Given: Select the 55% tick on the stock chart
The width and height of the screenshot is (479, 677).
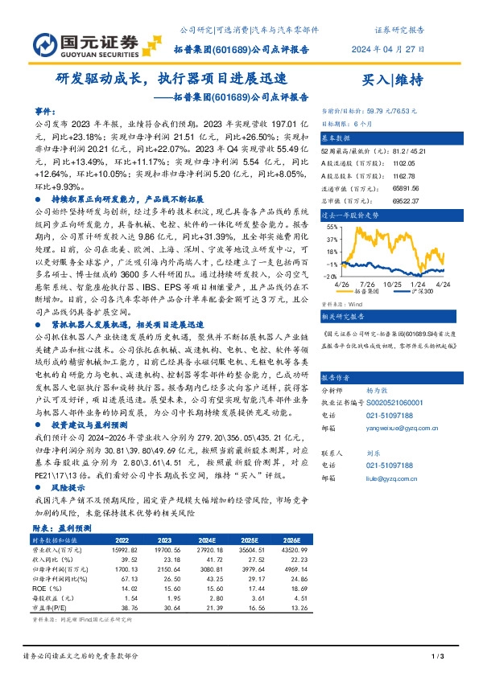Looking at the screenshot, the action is pyautogui.click(x=331, y=228).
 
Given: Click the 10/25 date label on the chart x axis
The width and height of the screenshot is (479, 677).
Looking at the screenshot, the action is pyautogui.click(x=393, y=283).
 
